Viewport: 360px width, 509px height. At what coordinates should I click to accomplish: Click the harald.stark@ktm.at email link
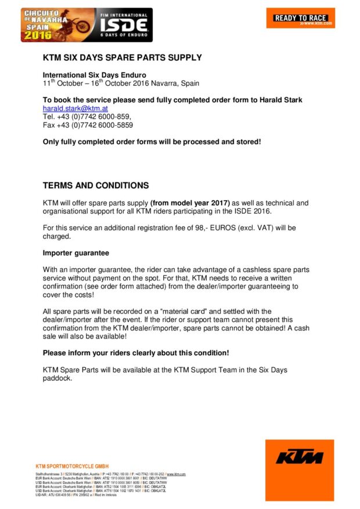[75, 109]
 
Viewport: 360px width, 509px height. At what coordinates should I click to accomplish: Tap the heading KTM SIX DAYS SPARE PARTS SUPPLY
[123, 58]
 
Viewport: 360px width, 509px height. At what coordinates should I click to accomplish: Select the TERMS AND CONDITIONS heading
[96, 186]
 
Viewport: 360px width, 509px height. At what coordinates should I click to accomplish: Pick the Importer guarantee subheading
[75, 253]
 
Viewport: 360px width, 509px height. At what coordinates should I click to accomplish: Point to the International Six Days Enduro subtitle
[95, 75]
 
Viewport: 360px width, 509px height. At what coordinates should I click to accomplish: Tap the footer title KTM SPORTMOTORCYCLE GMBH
[72, 466]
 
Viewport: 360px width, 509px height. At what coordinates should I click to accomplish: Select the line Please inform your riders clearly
[136, 353]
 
